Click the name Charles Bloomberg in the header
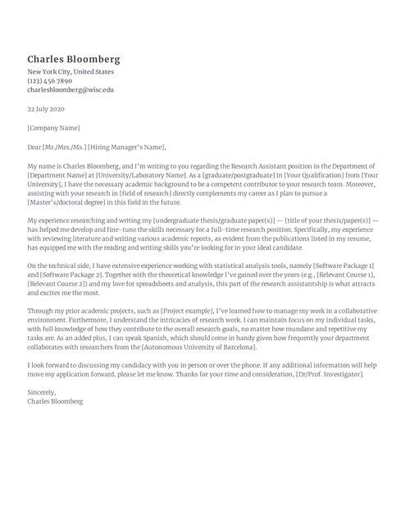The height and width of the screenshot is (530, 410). point(74,60)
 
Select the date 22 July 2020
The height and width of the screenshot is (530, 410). point(45,108)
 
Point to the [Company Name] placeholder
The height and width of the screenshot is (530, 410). point(53,128)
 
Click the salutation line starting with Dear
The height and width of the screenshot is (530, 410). point(96,147)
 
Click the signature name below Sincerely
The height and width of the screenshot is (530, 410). point(55,402)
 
